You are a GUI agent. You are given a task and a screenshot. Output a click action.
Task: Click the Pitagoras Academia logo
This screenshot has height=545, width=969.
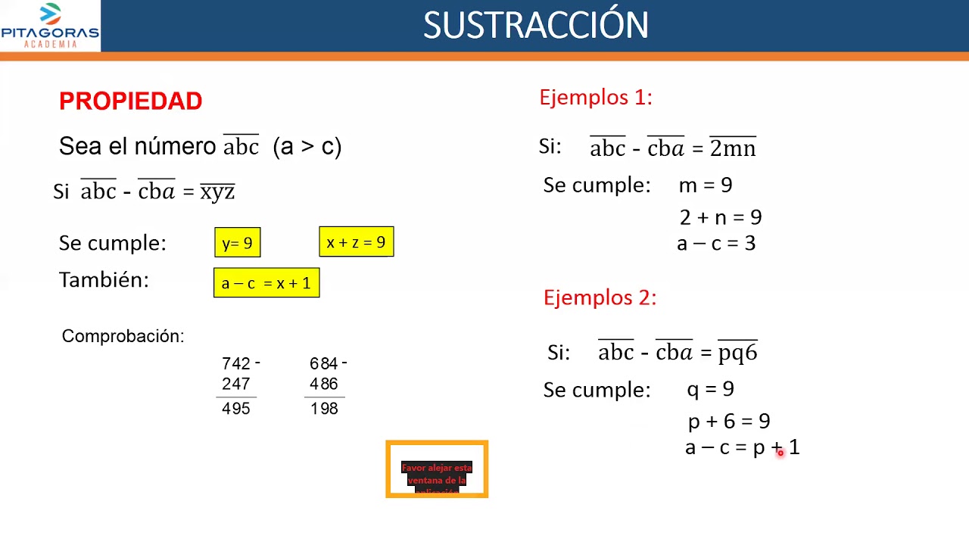click(x=50, y=26)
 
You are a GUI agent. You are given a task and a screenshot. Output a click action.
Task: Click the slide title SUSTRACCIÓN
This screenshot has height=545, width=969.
click(x=535, y=26)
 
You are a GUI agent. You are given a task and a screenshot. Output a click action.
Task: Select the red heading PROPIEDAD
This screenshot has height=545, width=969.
click(x=130, y=101)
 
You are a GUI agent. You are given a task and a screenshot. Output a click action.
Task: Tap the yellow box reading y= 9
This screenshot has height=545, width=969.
click(x=237, y=243)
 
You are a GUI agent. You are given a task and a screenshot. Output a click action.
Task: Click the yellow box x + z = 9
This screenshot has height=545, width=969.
click(x=356, y=242)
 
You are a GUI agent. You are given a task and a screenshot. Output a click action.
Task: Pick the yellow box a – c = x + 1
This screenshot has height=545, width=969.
click(x=266, y=283)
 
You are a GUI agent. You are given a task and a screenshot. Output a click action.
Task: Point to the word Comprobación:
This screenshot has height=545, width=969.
click(x=123, y=336)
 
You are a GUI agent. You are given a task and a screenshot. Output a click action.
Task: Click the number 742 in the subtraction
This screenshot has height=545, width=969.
click(x=235, y=364)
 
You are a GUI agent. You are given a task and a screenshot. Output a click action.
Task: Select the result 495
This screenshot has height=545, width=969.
click(x=235, y=409)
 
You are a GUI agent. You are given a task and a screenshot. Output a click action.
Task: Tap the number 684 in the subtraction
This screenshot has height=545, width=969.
click(x=323, y=364)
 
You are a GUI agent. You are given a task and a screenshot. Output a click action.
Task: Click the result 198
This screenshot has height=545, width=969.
click(x=324, y=409)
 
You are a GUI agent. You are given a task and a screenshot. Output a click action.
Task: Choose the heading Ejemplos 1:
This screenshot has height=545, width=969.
click(x=595, y=98)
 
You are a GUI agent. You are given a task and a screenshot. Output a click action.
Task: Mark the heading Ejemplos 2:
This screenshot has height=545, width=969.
click(x=600, y=298)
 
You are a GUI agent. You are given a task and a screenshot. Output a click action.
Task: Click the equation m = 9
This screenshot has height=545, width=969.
click(x=705, y=185)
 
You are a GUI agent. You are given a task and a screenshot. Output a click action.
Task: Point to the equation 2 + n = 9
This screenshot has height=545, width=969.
click(x=720, y=218)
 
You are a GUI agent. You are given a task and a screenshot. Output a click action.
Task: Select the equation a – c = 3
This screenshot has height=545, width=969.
click(x=715, y=244)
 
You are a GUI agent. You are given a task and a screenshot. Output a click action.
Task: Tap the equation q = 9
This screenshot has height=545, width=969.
click(x=709, y=390)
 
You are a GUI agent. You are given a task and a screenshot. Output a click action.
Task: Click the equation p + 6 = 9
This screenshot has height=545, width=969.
click(x=728, y=421)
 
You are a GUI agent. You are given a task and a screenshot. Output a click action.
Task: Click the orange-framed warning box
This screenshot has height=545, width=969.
click(x=437, y=469)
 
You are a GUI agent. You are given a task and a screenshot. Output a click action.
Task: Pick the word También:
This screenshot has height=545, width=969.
click(x=104, y=280)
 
